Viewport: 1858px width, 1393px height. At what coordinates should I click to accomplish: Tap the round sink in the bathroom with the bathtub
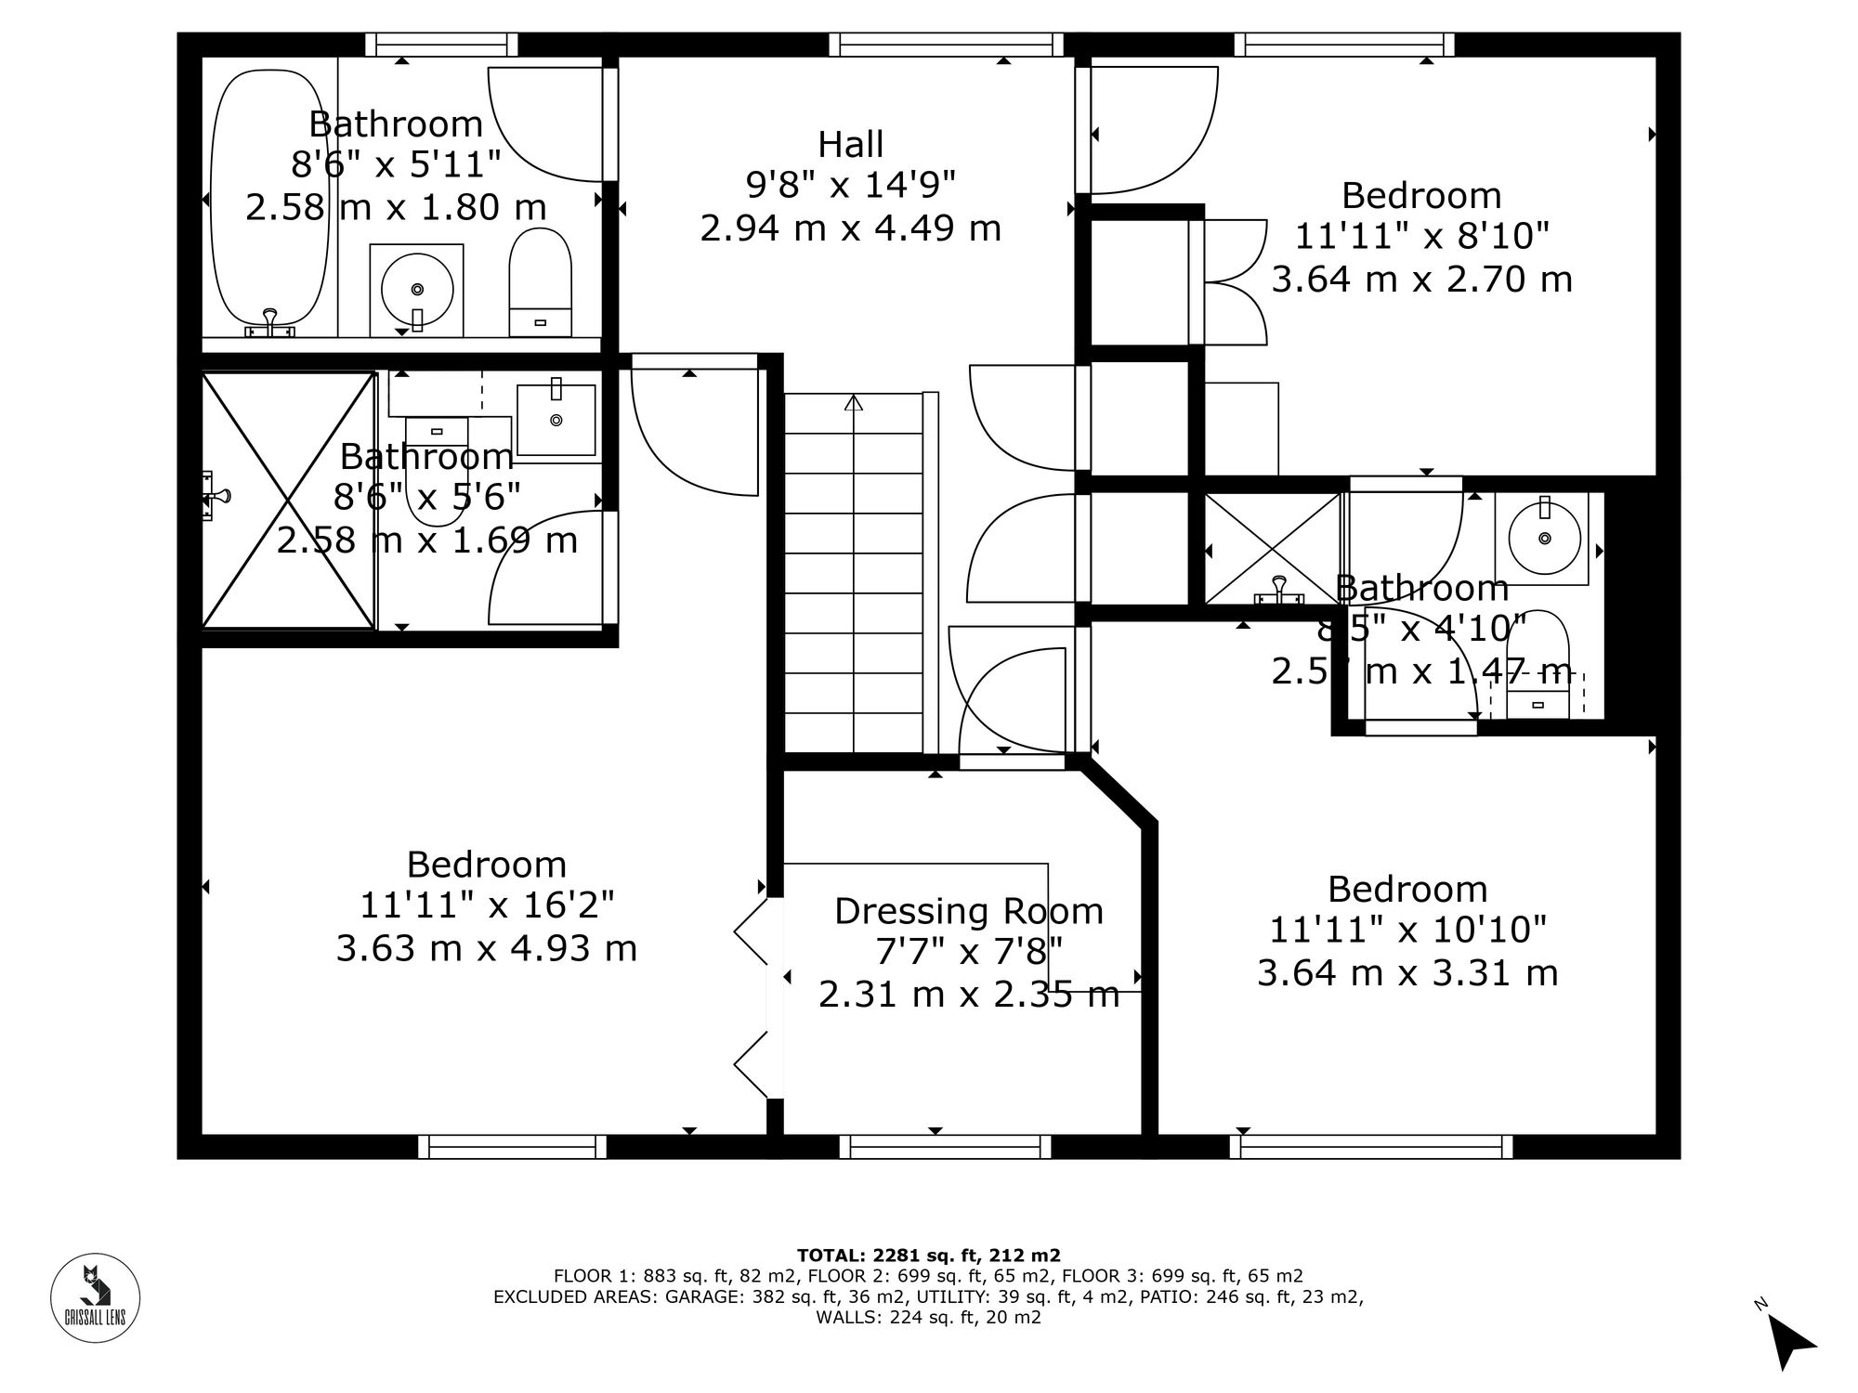pos(417,290)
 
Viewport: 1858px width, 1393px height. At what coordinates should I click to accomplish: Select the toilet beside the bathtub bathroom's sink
pos(540,280)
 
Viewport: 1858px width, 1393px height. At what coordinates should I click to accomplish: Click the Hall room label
pos(850,145)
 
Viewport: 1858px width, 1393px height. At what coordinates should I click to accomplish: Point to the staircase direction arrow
pos(854,402)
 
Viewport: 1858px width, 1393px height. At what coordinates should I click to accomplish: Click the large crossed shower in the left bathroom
pos(288,500)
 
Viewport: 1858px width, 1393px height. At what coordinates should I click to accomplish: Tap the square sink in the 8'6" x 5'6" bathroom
pos(556,420)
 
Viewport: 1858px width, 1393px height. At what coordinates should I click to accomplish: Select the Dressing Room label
pos(968,911)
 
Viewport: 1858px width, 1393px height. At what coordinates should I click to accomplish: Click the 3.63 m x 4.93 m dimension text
pos(486,949)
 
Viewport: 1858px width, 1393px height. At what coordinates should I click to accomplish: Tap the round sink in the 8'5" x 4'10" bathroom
pos(1544,538)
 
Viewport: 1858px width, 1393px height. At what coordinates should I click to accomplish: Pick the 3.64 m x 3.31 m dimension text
pos(1407,973)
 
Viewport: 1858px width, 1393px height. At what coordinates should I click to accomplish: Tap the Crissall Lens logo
pos(95,1297)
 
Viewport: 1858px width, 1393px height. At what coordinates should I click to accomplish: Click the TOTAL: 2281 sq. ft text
pos(928,1255)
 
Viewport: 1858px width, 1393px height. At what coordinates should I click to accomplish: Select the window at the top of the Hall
pos(946,44)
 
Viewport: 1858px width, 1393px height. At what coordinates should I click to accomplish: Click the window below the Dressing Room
pos(945,1147)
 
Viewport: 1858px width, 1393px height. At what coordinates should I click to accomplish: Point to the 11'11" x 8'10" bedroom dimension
pos(1421,237)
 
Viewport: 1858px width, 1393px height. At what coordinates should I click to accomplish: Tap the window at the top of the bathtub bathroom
pos(440,44)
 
